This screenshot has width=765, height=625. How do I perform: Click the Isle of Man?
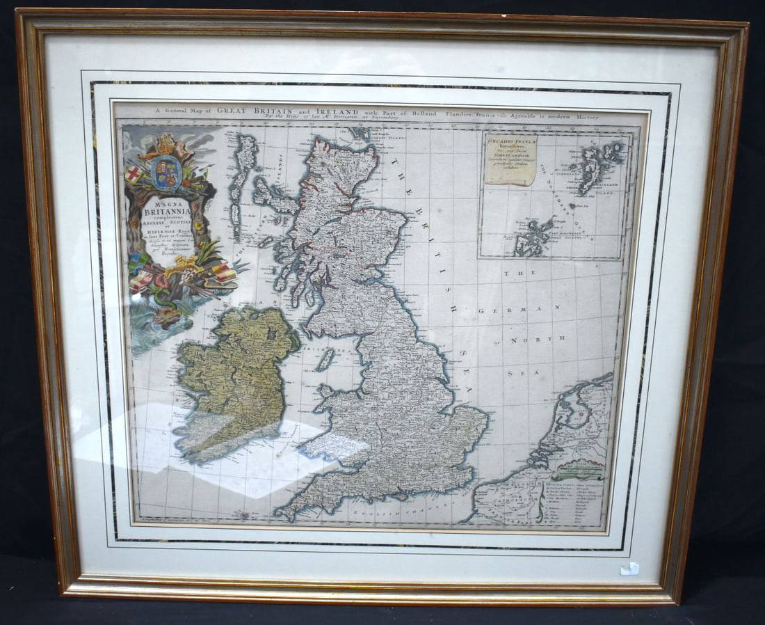325,359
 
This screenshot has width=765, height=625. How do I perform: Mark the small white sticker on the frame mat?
630,568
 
